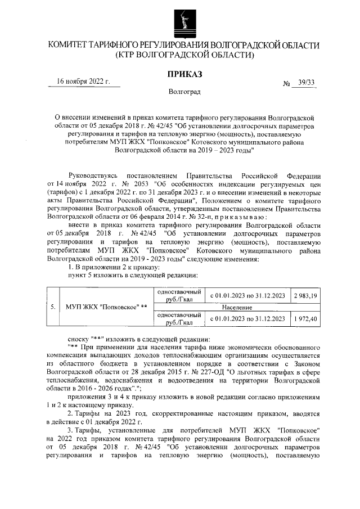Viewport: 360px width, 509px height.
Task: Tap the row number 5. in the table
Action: [52, 307]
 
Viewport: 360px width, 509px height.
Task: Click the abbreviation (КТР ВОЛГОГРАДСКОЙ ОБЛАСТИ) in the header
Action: [184, 55]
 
